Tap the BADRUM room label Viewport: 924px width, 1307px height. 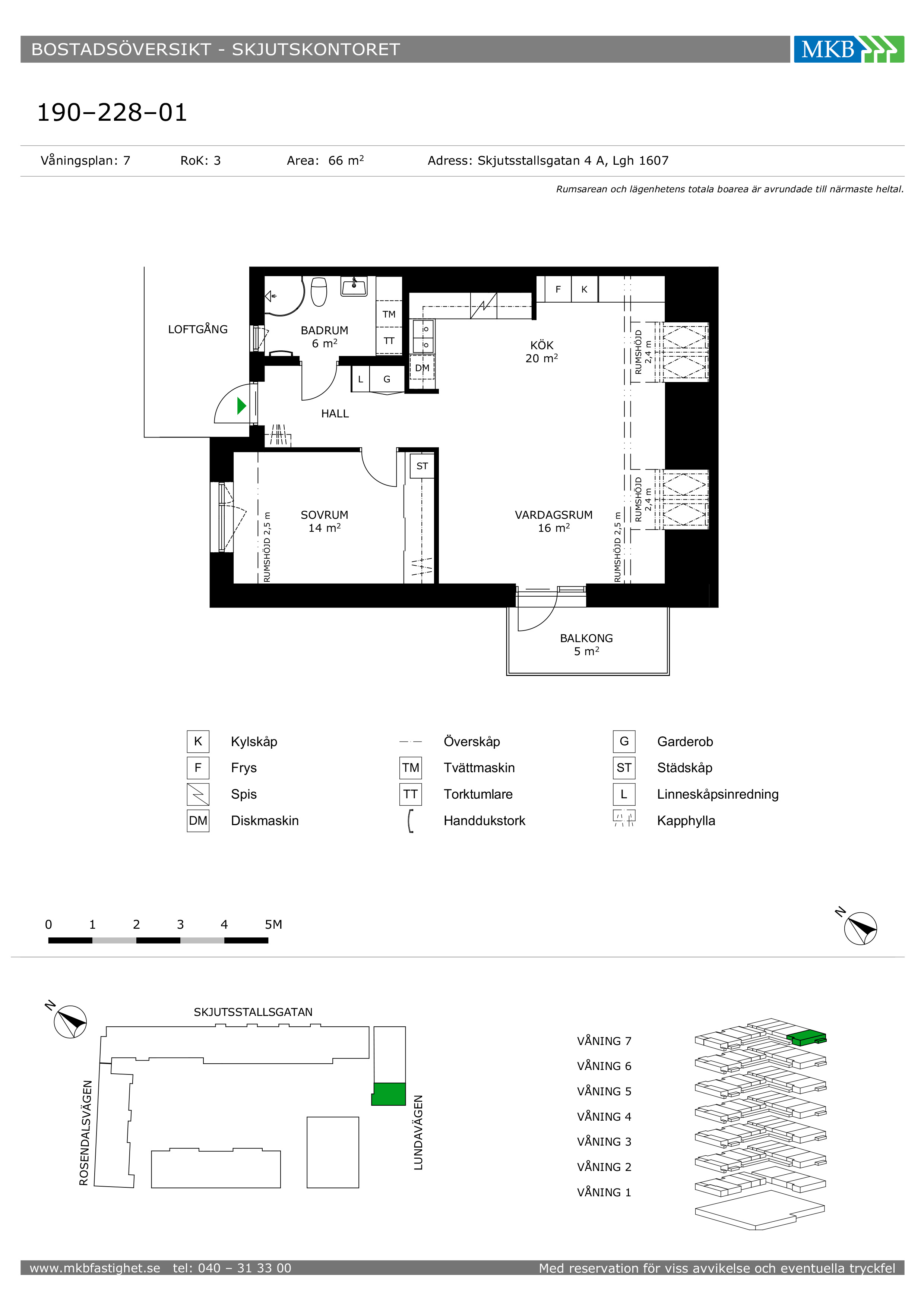324,330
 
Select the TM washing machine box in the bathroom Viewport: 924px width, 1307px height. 389,314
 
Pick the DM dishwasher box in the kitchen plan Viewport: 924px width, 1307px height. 422,368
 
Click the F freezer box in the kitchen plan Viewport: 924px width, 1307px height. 558,289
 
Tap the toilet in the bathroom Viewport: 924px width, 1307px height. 319,291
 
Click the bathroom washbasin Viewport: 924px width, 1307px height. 354,286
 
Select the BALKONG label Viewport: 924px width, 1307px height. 586,638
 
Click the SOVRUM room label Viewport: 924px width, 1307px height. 324,515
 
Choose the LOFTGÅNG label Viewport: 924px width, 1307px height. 197,329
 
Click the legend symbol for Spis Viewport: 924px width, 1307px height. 198,794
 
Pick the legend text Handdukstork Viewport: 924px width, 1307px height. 484,820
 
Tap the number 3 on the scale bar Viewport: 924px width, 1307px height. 180,925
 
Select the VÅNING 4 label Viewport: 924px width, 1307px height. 604,1116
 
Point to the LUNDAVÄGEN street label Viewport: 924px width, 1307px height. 418,1132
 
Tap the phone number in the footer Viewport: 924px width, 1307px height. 232,1268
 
